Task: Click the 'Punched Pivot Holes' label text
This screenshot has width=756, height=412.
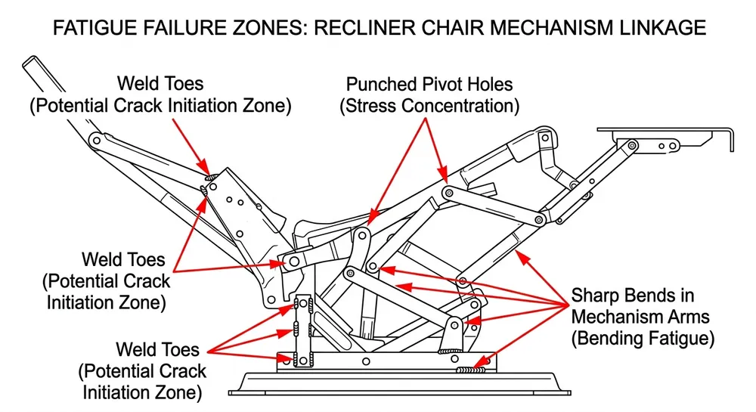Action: click(x=429, y=84)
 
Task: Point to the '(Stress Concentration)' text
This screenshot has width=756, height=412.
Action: click(x=429, y=106)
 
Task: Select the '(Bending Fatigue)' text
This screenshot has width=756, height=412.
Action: click(x=643, y=338)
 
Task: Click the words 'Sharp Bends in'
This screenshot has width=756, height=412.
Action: click(x=632, y=295)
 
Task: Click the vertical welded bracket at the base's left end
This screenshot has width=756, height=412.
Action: click(x=304, y=333)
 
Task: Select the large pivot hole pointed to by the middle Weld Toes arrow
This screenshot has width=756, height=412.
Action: click(x=293, y=262)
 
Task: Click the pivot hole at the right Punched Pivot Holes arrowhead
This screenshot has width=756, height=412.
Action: click(x=448, y=194)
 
